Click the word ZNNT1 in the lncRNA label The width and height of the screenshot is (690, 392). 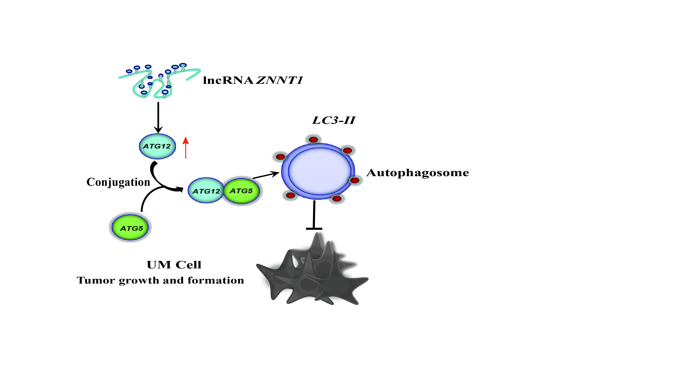[279, 80]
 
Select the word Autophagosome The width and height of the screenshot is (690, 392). [418, 173]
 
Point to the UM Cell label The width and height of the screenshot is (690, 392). [174, 265]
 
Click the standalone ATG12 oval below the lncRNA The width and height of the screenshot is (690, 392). [157, 146]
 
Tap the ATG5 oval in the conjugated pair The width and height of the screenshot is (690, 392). [241, 191]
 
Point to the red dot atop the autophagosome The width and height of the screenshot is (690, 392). [313, 139]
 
